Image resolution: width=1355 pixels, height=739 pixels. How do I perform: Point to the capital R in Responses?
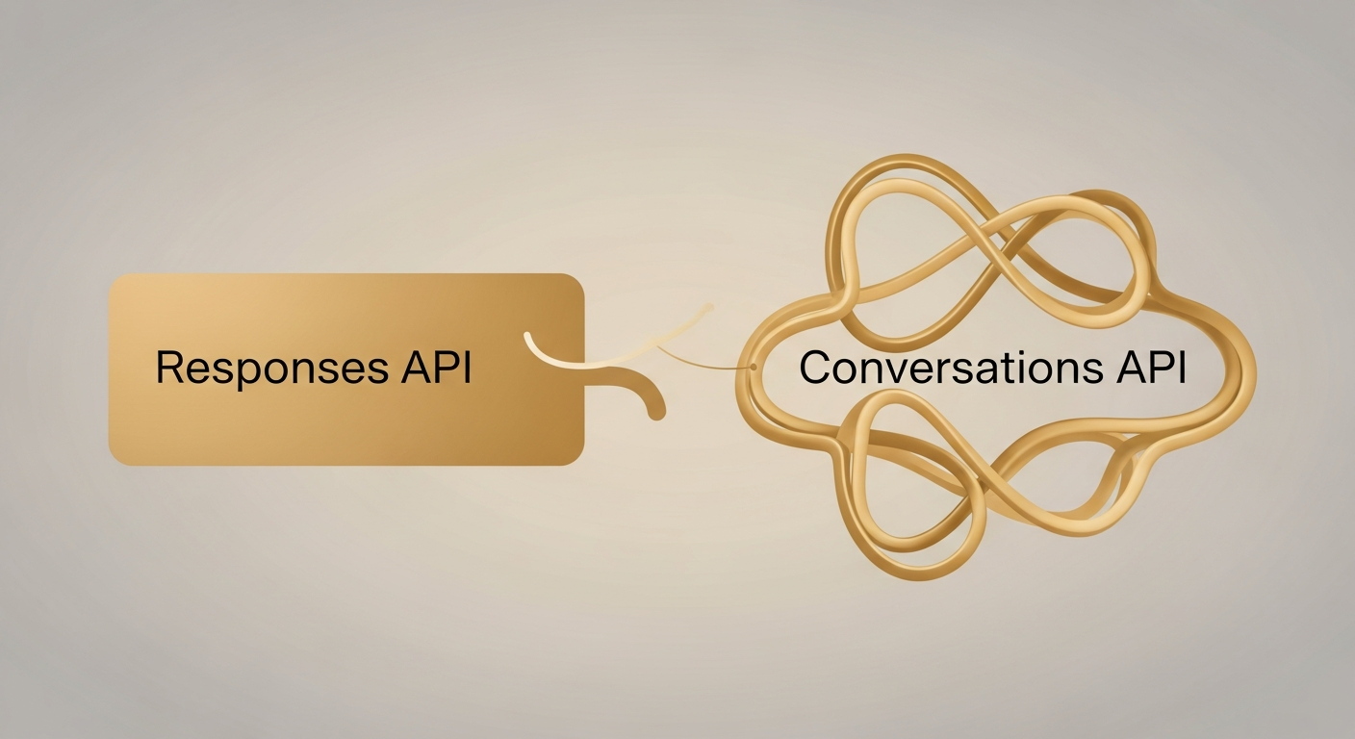pyautogui.click(x=169, y=369)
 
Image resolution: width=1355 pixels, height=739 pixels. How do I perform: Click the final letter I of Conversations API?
pyautogui.click(x=1180, y=369)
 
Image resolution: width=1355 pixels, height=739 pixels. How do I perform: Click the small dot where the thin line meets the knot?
pyautogui.click(x=753, y=368)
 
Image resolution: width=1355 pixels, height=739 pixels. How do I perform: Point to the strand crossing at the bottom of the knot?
pyautogui.click(x=1001, y=500)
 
